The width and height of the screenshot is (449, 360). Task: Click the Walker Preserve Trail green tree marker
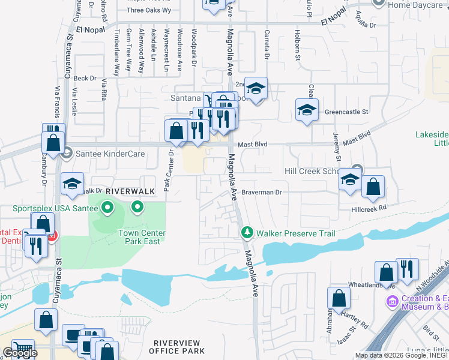point(246,232)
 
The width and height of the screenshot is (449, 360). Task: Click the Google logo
point(20,353)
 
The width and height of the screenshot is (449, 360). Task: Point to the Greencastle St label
point(346,112)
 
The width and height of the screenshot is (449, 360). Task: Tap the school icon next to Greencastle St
point(307,109)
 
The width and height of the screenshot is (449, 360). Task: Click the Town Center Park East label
point(143,237)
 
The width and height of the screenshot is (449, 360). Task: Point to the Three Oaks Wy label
point(149,10)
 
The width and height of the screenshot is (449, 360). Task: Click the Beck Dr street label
point(85,78)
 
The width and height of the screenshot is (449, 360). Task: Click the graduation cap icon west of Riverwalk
point(72,184)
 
